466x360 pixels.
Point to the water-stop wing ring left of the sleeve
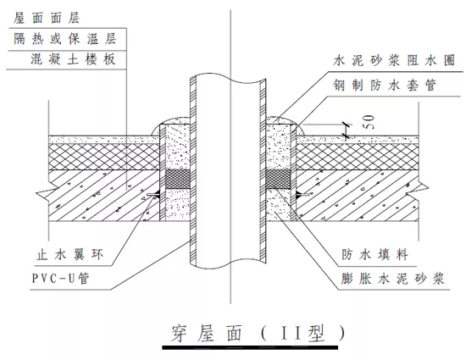pos(153,196)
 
